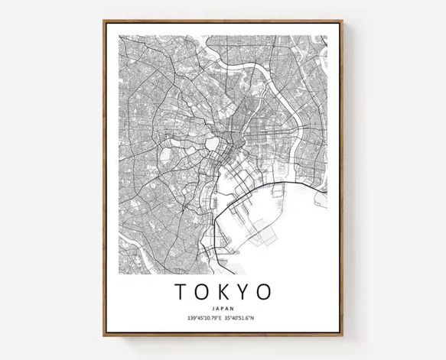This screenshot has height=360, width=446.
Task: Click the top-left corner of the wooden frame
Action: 104,21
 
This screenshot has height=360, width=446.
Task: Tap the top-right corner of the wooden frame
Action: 342,21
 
